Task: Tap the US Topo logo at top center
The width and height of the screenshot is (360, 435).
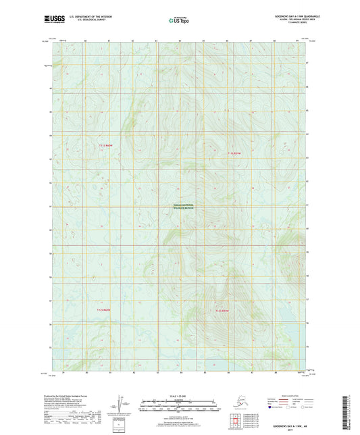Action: coord(179,21)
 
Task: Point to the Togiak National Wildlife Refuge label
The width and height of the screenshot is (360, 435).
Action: coord(180,207)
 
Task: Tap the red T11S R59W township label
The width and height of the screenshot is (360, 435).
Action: coord(234,153)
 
